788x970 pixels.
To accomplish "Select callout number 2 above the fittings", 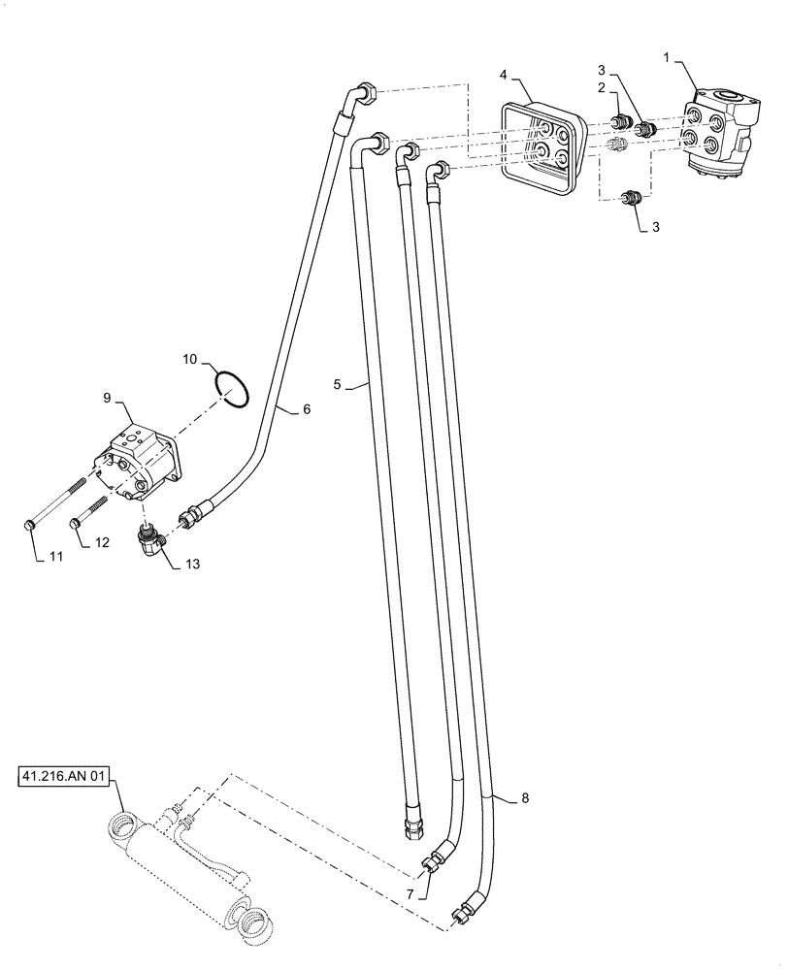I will (x=602, y=87).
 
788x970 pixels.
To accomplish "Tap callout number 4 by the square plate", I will (x=505, y=75).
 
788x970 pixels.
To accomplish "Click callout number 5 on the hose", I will (x=337, y=385).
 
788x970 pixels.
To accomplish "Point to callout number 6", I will (x=307, y=410).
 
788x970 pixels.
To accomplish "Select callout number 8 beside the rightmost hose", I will (x=525, y=800).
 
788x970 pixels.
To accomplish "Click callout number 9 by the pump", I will (x=108, y=399).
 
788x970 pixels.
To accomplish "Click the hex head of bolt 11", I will (x=30, y=525).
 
